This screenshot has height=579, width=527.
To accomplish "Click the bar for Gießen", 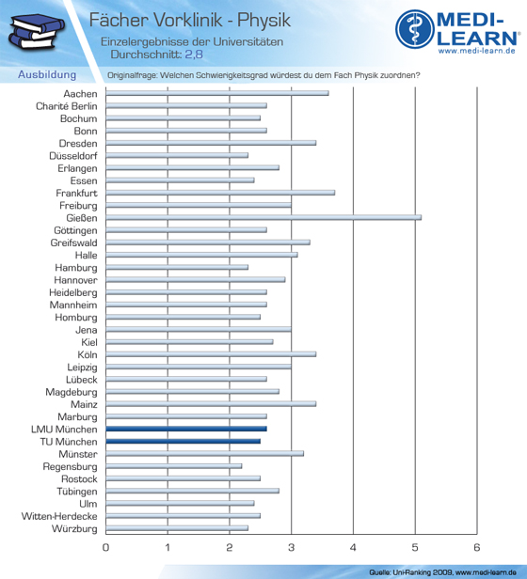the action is pos(263,218).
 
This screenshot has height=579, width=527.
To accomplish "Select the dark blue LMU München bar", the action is pos(186,429).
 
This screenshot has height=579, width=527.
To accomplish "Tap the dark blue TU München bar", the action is pos(184,441).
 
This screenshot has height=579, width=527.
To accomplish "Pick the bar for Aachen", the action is pos(217,93).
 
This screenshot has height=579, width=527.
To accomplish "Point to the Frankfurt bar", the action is pos(220,193).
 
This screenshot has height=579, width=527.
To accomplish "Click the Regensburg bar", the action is pos(174,466).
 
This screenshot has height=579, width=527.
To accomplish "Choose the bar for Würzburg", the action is pos(177,528).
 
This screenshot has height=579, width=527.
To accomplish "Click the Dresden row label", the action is pos(78,143).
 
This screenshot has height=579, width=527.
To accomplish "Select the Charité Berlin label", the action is pos(67,106).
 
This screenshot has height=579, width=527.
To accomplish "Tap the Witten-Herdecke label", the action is pos(59,516).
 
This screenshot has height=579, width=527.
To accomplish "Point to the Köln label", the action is pos(88,355).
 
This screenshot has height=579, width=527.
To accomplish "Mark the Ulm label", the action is pos(88,504).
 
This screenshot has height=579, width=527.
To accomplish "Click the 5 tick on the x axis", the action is pos(415,547).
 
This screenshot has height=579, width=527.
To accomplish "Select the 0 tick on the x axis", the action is pos(105,547).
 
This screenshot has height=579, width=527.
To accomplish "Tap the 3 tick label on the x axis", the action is pos(292,547).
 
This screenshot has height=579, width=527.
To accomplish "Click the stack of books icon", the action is pos(37,31).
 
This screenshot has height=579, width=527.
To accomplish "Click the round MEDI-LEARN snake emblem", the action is pos(415,29).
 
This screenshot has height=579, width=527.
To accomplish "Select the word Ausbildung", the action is pos(47,74).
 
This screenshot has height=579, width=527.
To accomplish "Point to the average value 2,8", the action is pos(194,55).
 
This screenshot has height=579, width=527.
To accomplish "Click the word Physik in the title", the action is pos(263,21).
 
